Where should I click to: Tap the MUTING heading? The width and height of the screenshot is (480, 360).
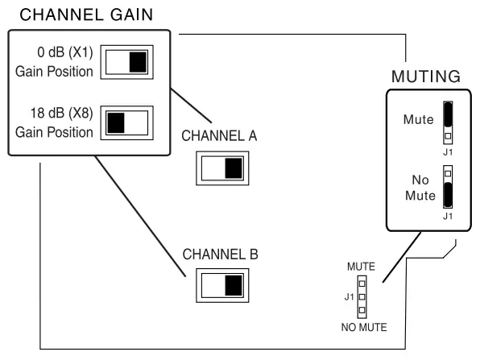(x=424, y=77)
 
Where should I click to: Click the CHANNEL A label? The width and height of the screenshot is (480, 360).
(x=219, y=136)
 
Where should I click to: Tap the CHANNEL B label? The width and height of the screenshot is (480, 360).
(x=219, y=254)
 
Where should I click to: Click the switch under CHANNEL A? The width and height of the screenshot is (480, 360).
(x=222, y=168)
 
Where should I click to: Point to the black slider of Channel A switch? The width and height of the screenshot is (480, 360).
(x=233, y=168)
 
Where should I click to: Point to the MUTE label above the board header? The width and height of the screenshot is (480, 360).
(x=361, y=265)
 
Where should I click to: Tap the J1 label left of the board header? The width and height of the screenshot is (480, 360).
(x=347, y=296)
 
